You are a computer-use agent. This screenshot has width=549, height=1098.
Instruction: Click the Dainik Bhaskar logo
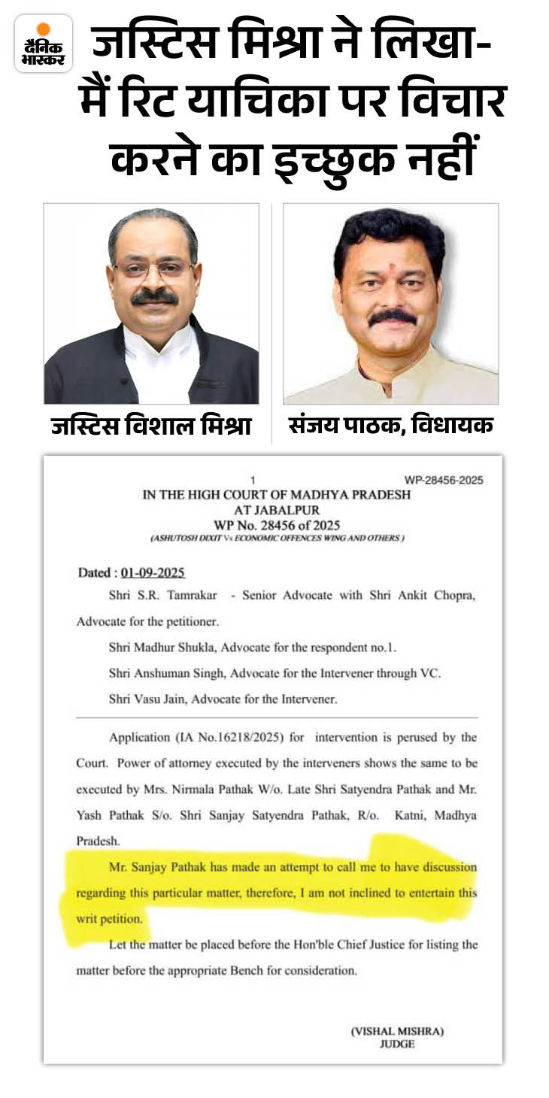(x=44, y=44)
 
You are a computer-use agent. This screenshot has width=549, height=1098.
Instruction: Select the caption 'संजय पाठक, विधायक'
(x=391, y=426)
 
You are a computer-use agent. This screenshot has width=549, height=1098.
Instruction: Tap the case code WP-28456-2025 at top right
(x=444, y=481)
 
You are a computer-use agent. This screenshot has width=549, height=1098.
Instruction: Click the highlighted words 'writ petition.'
(x=109, y=918)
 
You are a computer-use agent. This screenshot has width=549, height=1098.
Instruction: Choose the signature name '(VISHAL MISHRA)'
(x=397, y=1031)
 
